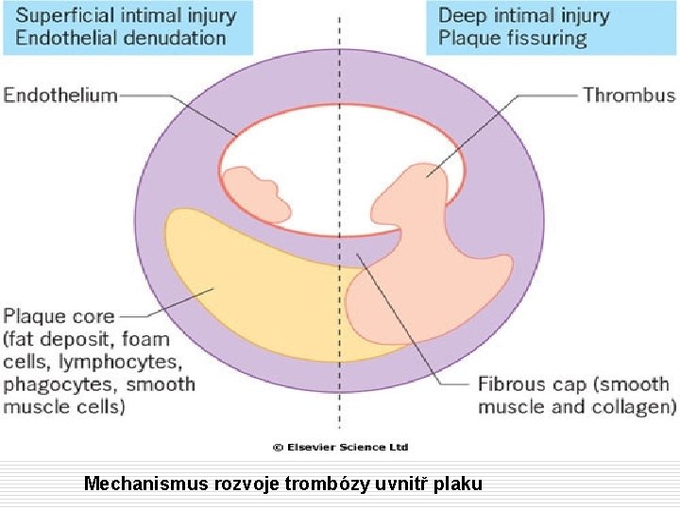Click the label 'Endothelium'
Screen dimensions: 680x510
(60, 94)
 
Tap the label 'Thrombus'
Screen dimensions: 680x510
(629, 94)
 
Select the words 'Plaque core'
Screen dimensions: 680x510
(59, 316)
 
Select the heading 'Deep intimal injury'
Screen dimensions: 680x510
(524, 16)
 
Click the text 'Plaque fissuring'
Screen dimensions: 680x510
(513, 39)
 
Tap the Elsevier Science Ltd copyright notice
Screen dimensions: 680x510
(340, 447)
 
